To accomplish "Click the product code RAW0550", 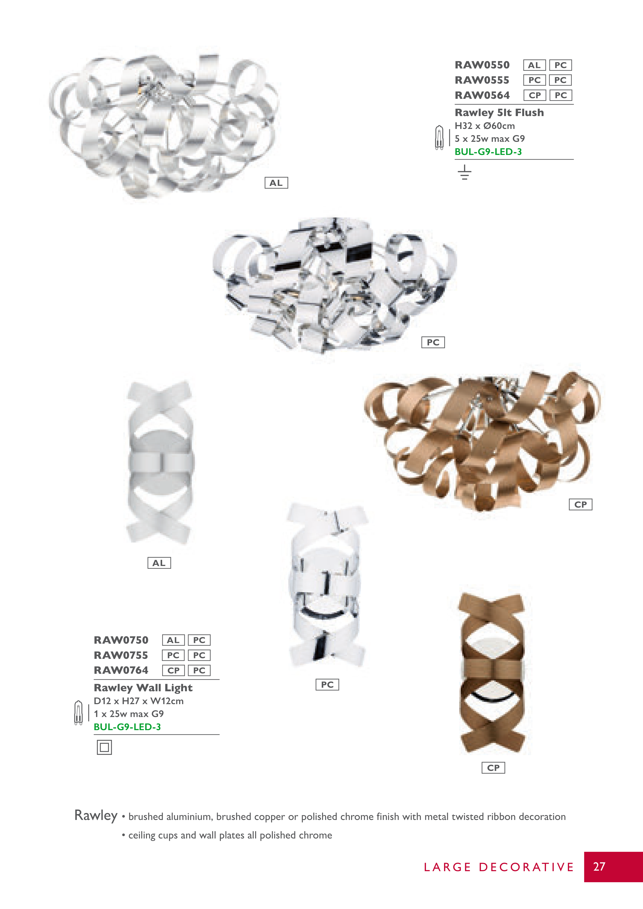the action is pyautogui.click(x=482, y=65).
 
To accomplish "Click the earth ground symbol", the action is pyautogui.click(x=464, y=172).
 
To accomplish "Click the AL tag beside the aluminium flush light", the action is pyautogui.click(x=276, y=183).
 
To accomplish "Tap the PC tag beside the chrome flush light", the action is pyautogui.click(x=433, y=343).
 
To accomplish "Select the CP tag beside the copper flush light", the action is pyautogui.click(x=580, y=504).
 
